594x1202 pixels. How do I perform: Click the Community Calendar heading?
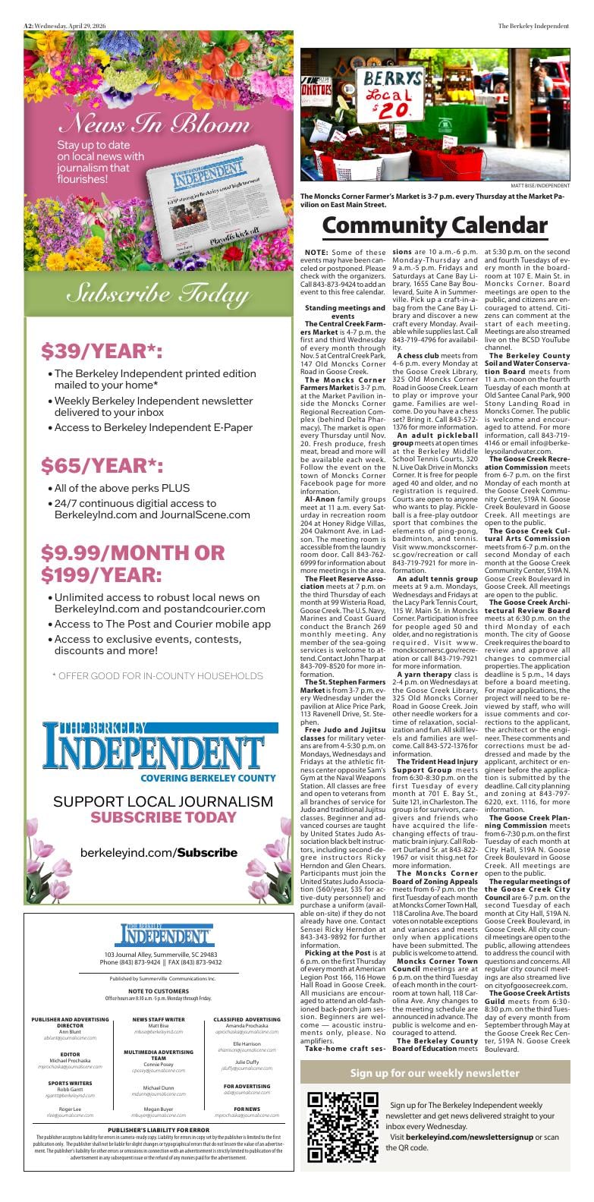435,225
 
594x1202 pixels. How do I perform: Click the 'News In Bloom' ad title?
155,124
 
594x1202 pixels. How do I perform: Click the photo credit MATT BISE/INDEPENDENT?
539,185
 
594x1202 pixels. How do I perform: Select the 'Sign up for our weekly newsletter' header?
435,1073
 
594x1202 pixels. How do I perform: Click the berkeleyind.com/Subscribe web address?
159,852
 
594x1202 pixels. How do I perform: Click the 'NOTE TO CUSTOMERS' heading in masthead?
159,991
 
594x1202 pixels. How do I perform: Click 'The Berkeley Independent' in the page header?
533,26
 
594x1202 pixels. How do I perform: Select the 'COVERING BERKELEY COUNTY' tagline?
207,779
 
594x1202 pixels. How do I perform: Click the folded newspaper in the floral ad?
205,209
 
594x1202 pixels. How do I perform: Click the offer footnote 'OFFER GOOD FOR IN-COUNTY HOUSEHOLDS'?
157,675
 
